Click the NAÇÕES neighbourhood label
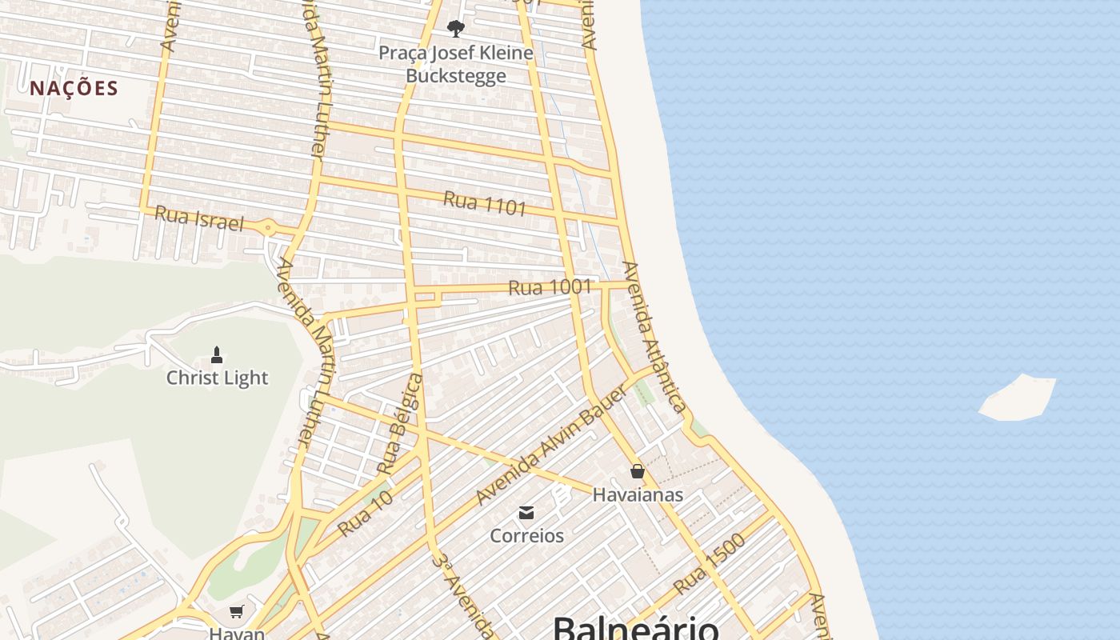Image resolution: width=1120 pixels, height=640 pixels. coord(74,88)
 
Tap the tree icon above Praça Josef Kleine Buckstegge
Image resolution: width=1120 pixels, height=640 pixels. coord(456,30)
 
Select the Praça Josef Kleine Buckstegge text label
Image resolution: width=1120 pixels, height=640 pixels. coord(456,64)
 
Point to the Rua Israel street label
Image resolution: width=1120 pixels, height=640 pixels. coord(198,218)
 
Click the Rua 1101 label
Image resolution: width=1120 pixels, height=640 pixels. coord(485,203)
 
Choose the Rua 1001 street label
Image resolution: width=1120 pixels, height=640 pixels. coord(550,286)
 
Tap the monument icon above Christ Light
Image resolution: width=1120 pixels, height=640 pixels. coord(216,354)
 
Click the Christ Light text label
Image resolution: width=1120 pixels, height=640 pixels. coord(217,378)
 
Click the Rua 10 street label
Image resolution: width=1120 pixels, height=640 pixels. coord(365,514)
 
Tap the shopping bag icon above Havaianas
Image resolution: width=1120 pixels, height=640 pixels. coord(638,471)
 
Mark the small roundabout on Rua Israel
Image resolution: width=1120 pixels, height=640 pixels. coord(267,229)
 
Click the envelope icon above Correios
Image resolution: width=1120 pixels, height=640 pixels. coord(526,513)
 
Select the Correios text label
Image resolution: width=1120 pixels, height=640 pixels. coord(526,535)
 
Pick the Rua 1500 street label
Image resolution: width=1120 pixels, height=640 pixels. coord(709,564)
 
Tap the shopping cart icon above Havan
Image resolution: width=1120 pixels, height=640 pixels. coord(237,612)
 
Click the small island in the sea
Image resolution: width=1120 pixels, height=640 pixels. coord(1018,398)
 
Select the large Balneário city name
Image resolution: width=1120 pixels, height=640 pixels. coord(635,627)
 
